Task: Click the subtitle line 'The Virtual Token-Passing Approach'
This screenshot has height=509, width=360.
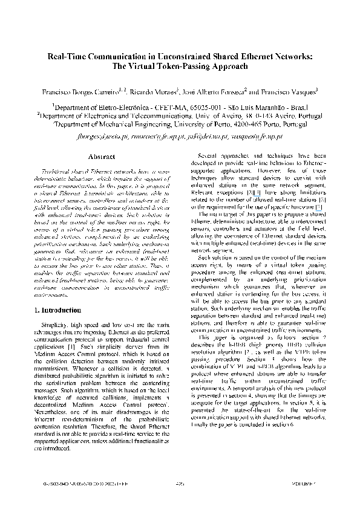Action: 180,67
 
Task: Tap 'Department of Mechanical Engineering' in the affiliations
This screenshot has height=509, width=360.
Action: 116,124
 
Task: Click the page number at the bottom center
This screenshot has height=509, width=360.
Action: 180,501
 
